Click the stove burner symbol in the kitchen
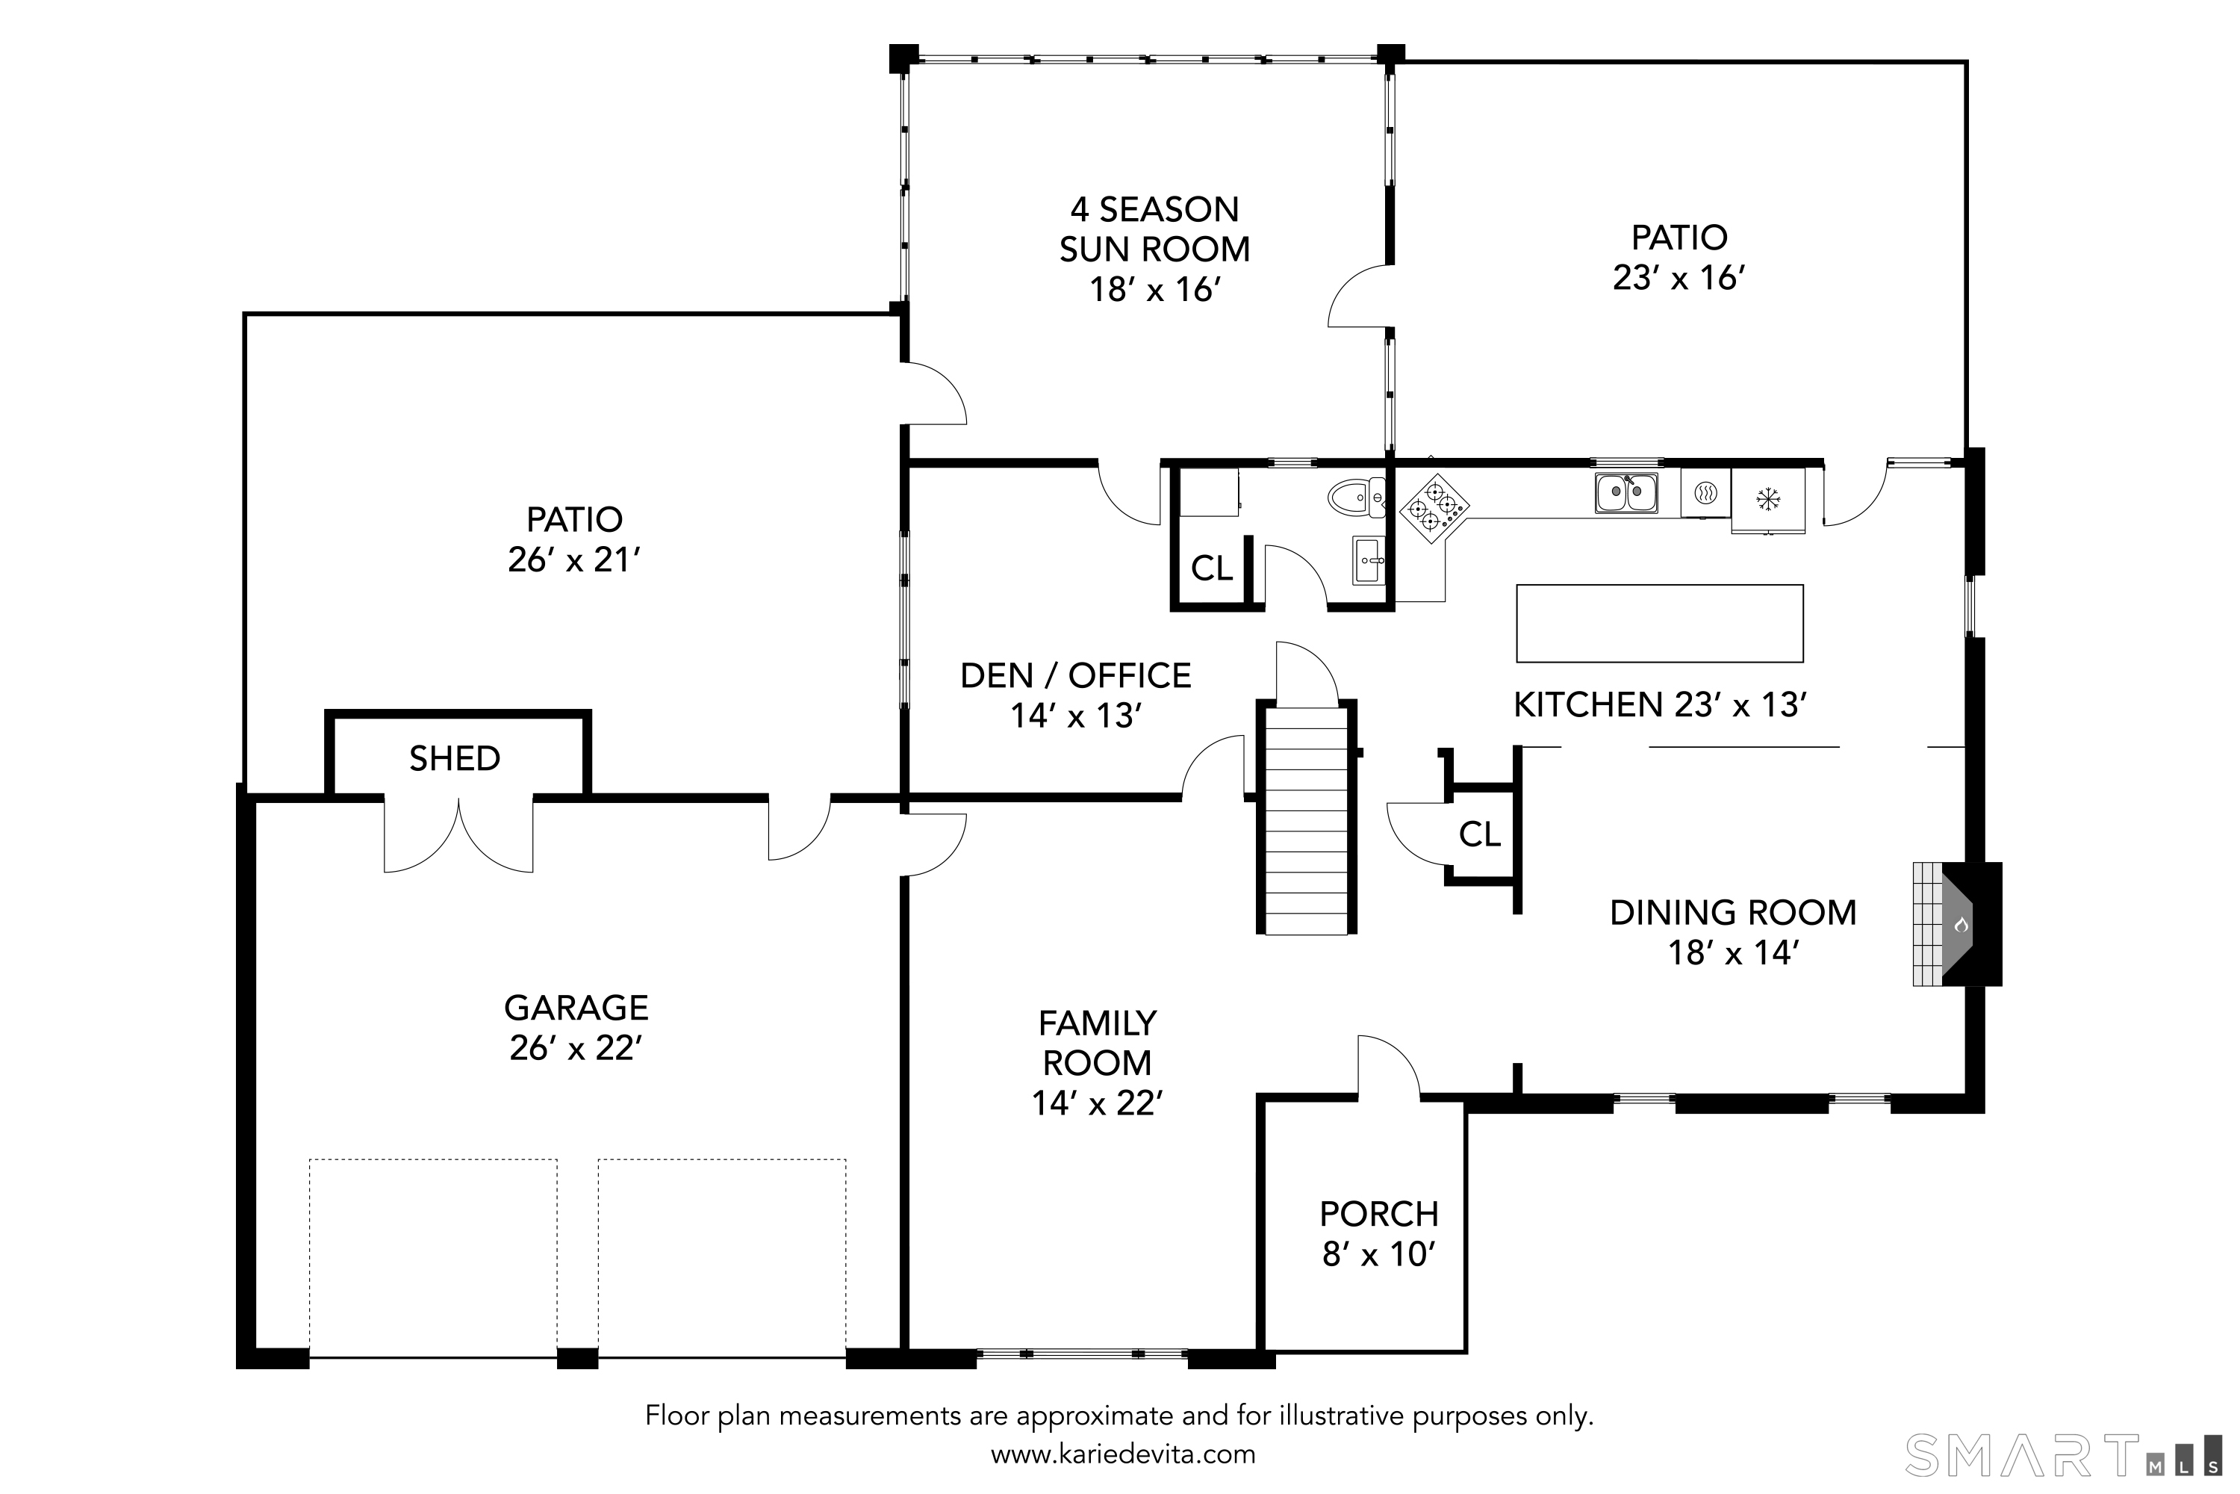[1434, 509]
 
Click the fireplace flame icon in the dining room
[1961, 924]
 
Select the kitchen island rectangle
[1659, 623]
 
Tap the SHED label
[454, 758]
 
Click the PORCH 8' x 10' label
[1379, 1234]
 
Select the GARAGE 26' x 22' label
[576, 1027]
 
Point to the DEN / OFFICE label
[1075, 675]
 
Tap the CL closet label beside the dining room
[1479, 834]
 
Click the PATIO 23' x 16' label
[1679, 257]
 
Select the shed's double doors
[458, 834]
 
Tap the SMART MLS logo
[2061, 1456]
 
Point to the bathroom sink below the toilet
[1369, 560]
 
